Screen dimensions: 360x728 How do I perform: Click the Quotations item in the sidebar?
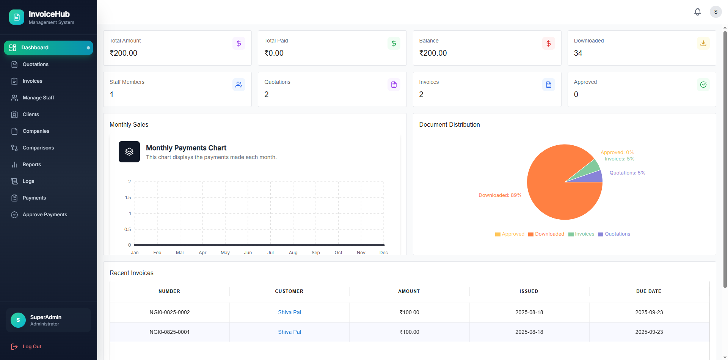click(x=35, y=64)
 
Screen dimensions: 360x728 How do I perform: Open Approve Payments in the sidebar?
click(x=45, y=215)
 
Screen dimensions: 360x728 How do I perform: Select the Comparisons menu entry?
click(x=38, y=148)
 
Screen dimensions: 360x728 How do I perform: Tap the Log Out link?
click(x=31, y=347)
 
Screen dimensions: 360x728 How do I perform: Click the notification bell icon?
click(x=697, y=12)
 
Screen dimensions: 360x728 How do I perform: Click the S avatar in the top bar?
click(x=715, y=12)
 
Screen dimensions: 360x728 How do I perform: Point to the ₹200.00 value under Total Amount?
click(x=123, y=53)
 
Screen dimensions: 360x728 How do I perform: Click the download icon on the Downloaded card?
click(x=703, y=43)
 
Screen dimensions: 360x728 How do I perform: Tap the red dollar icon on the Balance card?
click(x=548, y=43)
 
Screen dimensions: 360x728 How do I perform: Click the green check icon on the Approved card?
click(x=703, y=85)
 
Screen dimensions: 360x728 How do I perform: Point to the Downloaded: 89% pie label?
click(x=500, y=195)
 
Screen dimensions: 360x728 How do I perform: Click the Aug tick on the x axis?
click(x=293, y=253)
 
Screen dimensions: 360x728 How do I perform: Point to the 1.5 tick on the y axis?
click(x=128, y=198)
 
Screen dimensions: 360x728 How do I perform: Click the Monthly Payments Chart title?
click(x=186, y=148)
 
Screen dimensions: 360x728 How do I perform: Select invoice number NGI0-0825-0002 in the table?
click(x=169, y=313)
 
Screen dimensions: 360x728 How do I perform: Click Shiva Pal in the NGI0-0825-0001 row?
click(x=289, y=332)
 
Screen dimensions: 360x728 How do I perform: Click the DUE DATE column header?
click(x=648, y=291)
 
